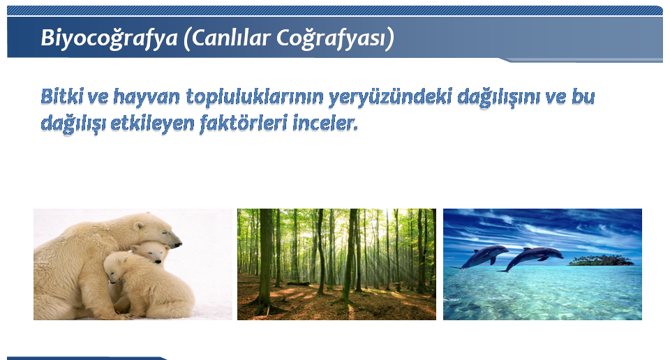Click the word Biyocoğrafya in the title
(x=109, y=38)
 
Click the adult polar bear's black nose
(x=177, y=244)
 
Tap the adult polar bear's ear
(x=138, y=225)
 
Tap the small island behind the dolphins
(x=602, y=260)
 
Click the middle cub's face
(x=155, y=253)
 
